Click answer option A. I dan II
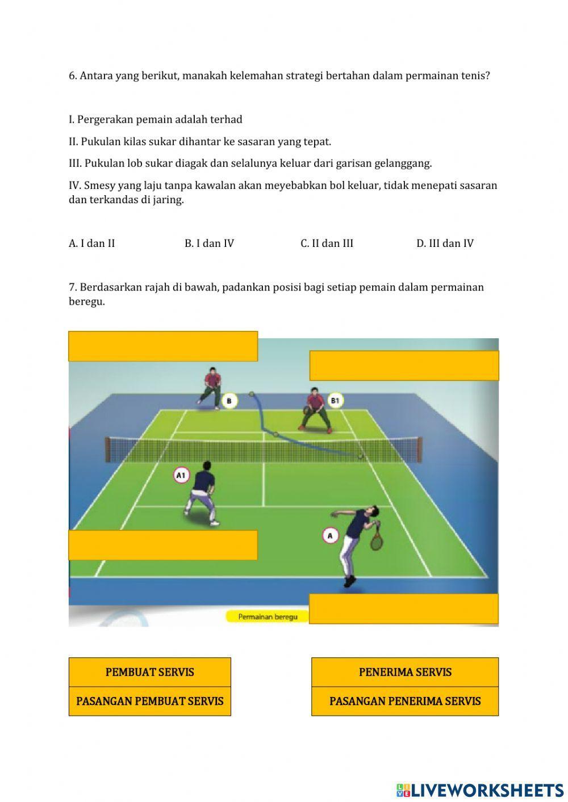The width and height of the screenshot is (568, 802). pyautogui.click(x=92, y=243)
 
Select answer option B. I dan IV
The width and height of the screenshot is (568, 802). pyautogui.click(x=209, y=243)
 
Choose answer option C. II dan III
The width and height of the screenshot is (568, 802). pyautogui.click(x=327, y=243)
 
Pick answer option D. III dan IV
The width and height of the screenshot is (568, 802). pyautogui.click(x=445, y=243)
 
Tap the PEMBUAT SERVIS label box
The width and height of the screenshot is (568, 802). pyautogui.click(x=150, y=672)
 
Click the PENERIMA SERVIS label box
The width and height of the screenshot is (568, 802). pyautogui.click(x=405, y=672)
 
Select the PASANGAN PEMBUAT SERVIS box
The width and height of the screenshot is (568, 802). pyautogui.click(x=150, y=701)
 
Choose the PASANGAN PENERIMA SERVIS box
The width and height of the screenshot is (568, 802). pyautogui.click(x=405, y=701)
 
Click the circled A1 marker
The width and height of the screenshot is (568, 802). pyautogui.click(x=181, y=475)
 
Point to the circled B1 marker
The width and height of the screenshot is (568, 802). pyautogui.click(x=335, y=401)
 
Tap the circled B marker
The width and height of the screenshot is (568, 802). pyautogui.click(x=229, y=401)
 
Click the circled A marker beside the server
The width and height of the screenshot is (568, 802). pyautogui.click(x=330, y=535)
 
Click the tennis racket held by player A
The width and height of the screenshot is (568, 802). pyautogui.click(x=376, y=539)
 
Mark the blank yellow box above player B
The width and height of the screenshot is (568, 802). pyautogui.click(x=163, y=346)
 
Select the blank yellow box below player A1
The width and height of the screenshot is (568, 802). pyautogui.click(x=163, y=545)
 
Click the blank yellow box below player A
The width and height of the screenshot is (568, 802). pyautogui.click(x=404, y=608)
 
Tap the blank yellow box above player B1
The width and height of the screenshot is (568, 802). pyautogui.click(x=404, y=366)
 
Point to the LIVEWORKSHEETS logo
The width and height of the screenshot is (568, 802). pyautogui.click(x=480, y=790)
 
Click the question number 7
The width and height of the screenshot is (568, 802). pyautogui.click(x=72, y=287)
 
